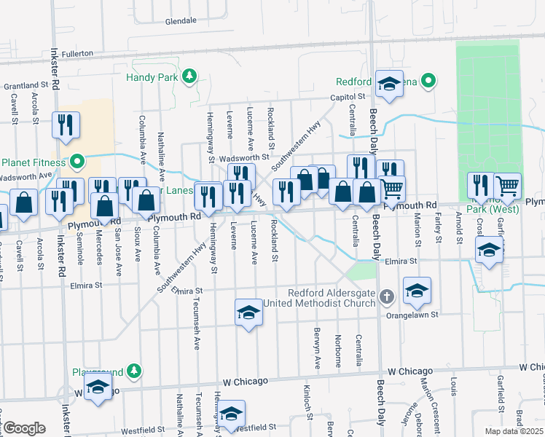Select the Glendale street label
(181, 21)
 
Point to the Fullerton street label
(77, 53)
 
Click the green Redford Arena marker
(429, 81)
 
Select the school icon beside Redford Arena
(390, 83)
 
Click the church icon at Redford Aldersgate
(387, 296)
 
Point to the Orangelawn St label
(412, 315)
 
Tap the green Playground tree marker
(133, 371)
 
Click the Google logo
(24, 428)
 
